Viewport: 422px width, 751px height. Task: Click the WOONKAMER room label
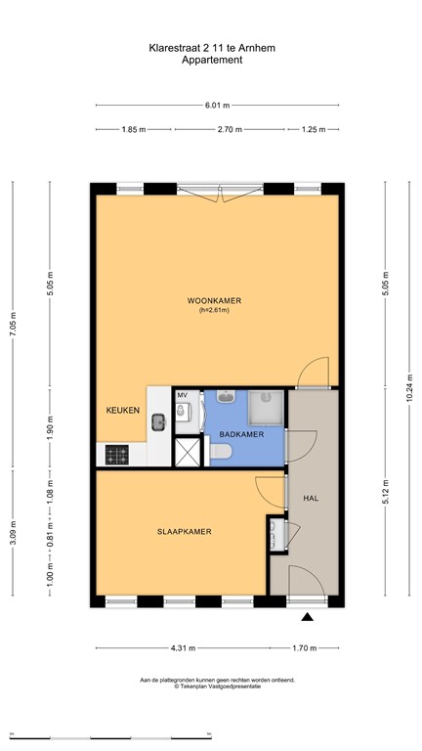pos(214,301)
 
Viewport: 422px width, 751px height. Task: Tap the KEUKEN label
pos(122,410)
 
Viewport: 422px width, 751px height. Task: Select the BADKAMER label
pos(241,434)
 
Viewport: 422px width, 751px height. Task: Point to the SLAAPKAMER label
pos(185,532)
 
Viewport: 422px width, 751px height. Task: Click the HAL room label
pos(311,498)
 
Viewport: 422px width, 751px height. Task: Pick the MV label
pos(182,395)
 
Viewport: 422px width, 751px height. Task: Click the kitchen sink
pos(159,422)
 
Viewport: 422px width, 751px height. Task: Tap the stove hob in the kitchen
pos(117,455)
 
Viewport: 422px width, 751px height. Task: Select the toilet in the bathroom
pos(221,451)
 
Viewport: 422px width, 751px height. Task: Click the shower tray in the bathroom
pos(266,408)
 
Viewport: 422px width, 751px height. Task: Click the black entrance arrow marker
pos(307,617)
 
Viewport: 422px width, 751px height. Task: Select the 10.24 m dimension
pos(409,388)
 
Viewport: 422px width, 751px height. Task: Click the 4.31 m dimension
pos(184,648)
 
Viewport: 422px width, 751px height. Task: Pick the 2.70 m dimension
pos(230,129)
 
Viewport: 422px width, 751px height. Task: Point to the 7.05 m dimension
pos(13,325)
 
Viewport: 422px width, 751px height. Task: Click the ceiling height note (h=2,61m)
pos(214,310)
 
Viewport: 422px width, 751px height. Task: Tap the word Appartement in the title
pos(212,60)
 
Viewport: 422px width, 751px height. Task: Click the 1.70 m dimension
pos(305,648)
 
